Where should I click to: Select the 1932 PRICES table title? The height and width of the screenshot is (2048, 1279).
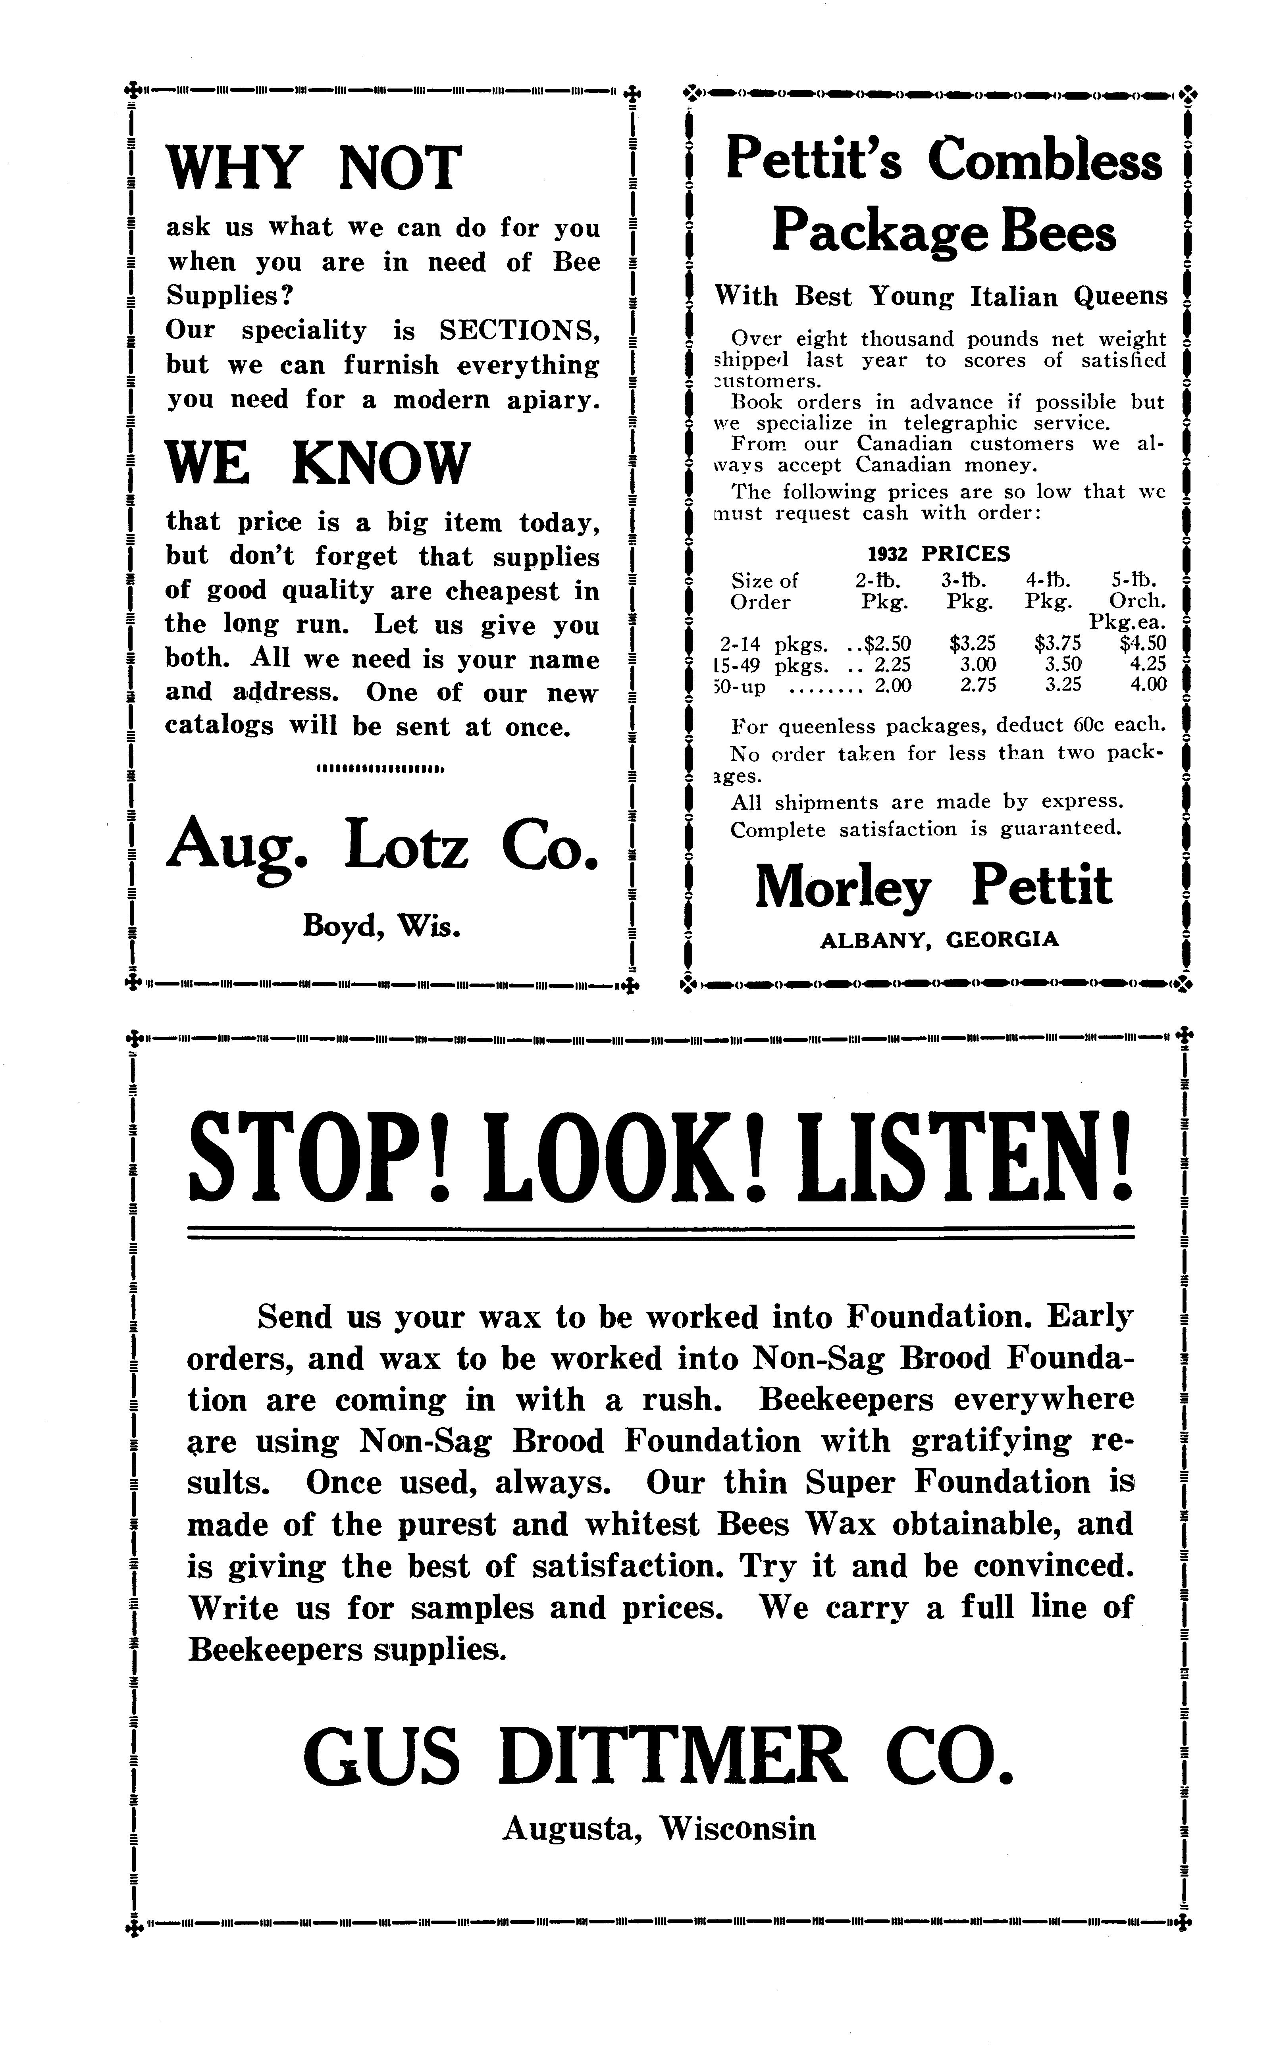coord(939,554)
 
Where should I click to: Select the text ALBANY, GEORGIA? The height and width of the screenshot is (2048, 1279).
coord(939,939)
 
